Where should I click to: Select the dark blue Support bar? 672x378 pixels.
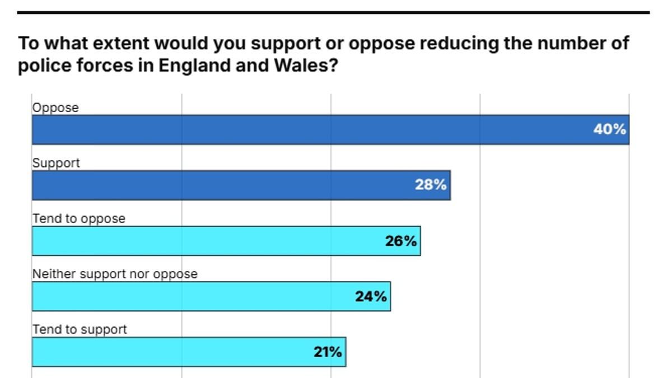click(224, 185)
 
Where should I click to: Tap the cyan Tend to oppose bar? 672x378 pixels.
click(207, 241)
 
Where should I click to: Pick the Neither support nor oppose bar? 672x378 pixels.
click(190, 296)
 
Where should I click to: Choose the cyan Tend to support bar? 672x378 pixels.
click(168, 352)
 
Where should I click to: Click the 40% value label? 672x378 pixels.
click(609, 130)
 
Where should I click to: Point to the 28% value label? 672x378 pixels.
click(431, 185)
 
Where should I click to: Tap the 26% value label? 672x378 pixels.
click(401, 241)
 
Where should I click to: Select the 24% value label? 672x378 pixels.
click(371, 296)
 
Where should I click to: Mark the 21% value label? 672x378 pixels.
click(328, 352)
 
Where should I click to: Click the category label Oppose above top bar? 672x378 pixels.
click(55, 108)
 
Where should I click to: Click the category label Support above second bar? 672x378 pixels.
click(56, 164)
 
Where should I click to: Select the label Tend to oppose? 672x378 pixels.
click(79, 219)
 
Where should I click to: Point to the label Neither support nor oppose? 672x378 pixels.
click(115, 274)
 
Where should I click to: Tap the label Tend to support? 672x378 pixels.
click(80, 330)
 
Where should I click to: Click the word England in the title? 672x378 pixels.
click(192, 66)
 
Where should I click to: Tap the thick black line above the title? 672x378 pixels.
click(333, 12)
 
